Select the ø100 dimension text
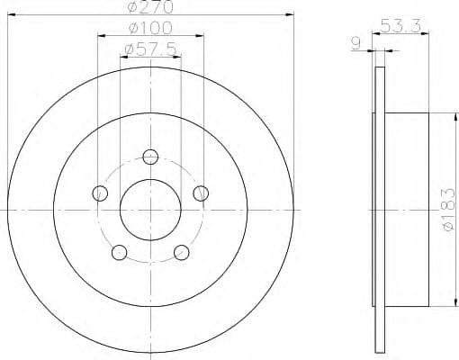148,27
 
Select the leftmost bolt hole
101,193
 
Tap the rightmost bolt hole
201,192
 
